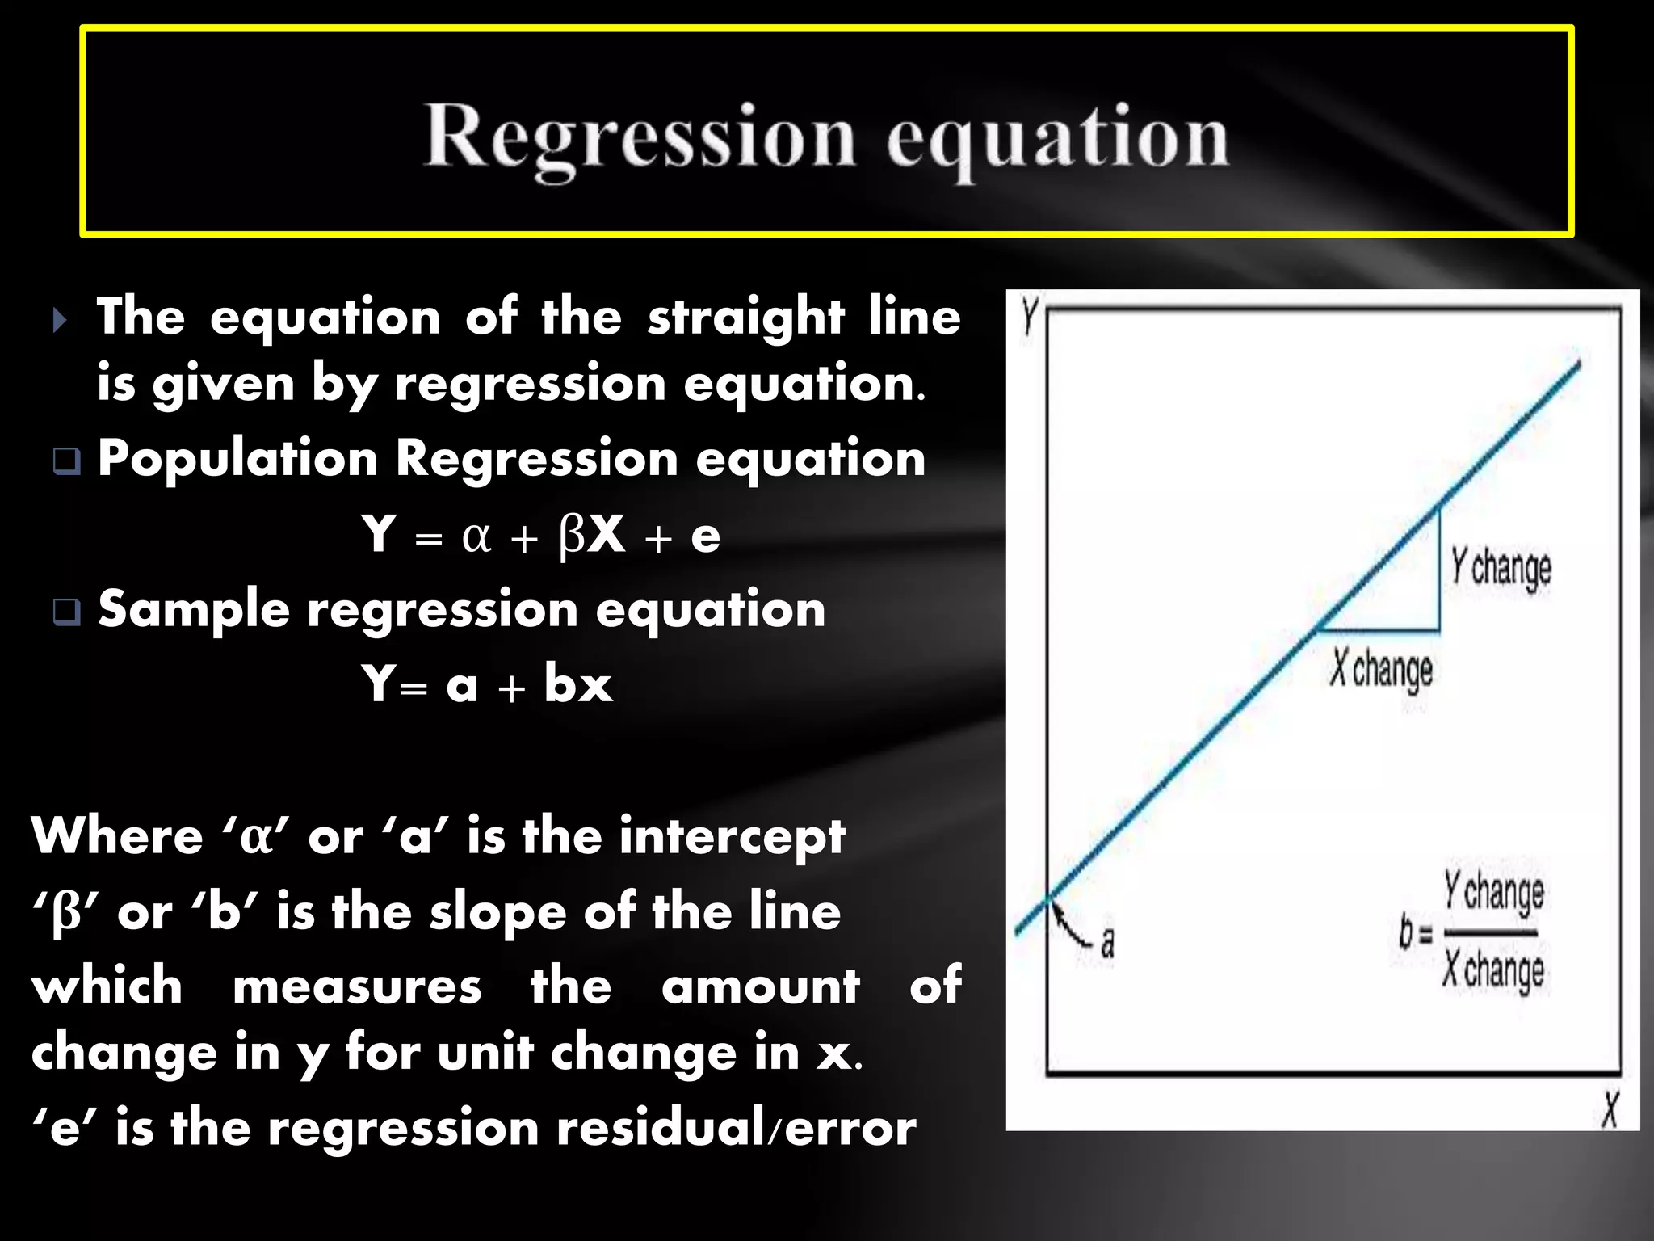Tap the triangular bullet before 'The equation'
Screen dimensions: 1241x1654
[59, 320]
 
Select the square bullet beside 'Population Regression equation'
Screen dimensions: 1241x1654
[66, 461]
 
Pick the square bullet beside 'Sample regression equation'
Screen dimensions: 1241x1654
[66, 612]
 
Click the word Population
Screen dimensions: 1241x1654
[237, 459]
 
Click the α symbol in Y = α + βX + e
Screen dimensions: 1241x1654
[476, 536]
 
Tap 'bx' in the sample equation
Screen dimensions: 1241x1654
[577, 684]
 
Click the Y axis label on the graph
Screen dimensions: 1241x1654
[1028, 316]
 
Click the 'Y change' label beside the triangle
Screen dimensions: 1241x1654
[1501, 567]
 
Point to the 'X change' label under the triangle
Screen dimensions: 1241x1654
[1381, 670]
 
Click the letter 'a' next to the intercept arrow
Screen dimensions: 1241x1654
[1108, 942]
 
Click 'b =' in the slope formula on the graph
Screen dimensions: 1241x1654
[1415, 933]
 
